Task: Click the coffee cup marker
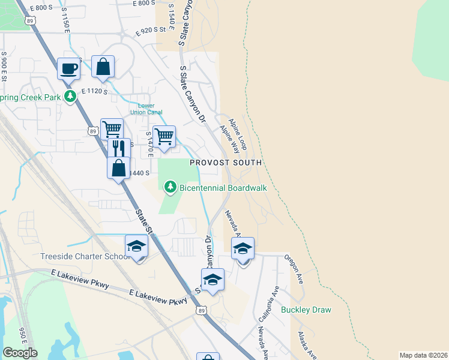click(x=68, y=68)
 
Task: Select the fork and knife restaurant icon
click(x=119, y=148)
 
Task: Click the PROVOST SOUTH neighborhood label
click(x=226, y=163)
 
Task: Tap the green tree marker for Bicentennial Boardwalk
click(x=171, y=188)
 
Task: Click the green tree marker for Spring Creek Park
click(x=70, y=96)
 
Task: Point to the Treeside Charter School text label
click(x=85, y=257)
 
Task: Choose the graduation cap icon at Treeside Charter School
click(x=137, y=246)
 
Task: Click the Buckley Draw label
click(x=306, y=310)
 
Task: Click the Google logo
click(x=20, y=353)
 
